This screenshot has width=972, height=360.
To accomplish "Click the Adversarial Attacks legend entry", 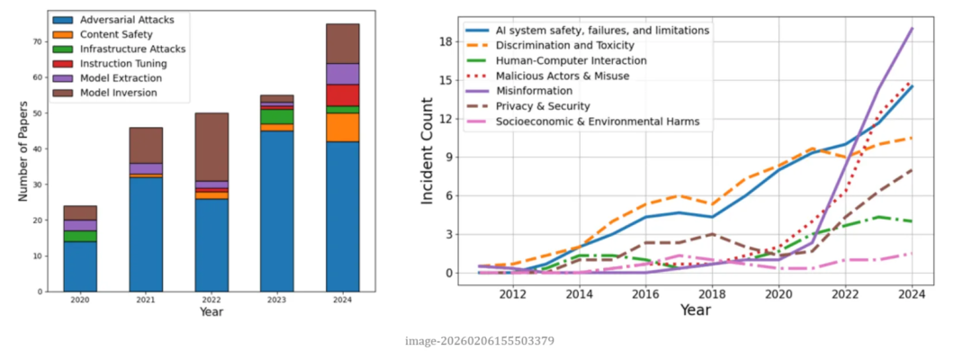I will pyautogui.click(x=125, y=19).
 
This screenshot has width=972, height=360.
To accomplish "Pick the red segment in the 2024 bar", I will pyautogui.click(x=342, y=94).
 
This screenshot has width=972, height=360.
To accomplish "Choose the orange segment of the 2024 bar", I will pyautogui.click(x=342, y=127).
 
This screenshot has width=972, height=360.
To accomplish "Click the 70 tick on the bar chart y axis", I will pyautogui.click(x=39, y=41).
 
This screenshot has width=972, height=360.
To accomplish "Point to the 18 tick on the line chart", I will pyautogui.click(x=444, y=41).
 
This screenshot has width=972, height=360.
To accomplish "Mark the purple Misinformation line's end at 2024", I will pyautogui.click(x=913, y=29).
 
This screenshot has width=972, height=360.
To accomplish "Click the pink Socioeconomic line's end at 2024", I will pyautogui.click(x=913, y=253).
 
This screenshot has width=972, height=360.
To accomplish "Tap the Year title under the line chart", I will pyautogui.click(x=695, y=310).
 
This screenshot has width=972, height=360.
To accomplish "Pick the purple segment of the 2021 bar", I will pyautogui.click(x=145, y=168).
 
